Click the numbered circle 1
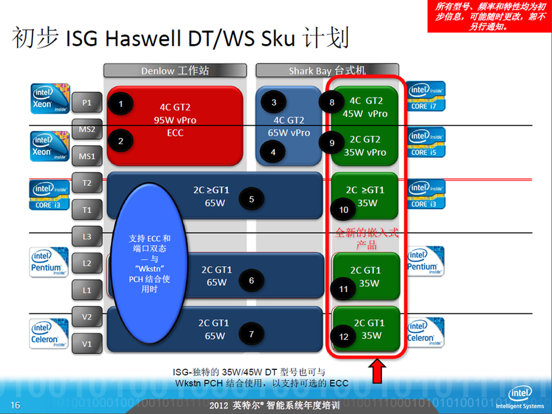[x=121, y=104]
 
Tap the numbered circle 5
[x=251, y=199]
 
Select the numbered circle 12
[x=343, y=337]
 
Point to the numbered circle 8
[x=332, y=103]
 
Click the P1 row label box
[x=87, y=103]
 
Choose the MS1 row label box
[x=87, y=156]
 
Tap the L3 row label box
[x=87, y=237]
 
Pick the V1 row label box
[x=87, y=343]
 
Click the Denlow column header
[x=175, y=71]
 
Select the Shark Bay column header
[x=327, y=71]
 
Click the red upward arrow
[x=377, y=371]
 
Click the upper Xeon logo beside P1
[x=50, y=99]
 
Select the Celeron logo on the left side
[x=49, y=333]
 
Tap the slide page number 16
[x=15, y=405]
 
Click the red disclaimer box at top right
[x=489, y=16]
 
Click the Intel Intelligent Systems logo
[x=520, y=398]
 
